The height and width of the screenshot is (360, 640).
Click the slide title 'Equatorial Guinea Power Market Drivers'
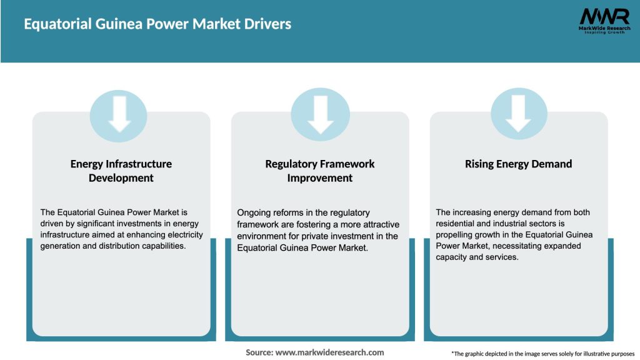pos(157,24)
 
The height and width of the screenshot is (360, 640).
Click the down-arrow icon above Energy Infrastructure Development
pos(121,114)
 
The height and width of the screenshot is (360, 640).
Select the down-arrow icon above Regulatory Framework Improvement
pos(320,114)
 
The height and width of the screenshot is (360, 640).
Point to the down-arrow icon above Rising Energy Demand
pos(518,114)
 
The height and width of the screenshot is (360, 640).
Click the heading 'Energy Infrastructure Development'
pos(121,171)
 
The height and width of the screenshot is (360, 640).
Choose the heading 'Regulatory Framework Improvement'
pos(320,171)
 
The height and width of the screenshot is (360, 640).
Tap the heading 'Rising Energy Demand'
pos(518,164)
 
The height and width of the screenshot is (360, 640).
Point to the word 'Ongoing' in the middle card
pos(254,212)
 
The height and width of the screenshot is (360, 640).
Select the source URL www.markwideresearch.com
pos(330,352)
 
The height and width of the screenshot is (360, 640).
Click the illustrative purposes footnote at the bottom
pos(542,354)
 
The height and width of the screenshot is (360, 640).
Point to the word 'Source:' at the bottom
pos(259,352)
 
